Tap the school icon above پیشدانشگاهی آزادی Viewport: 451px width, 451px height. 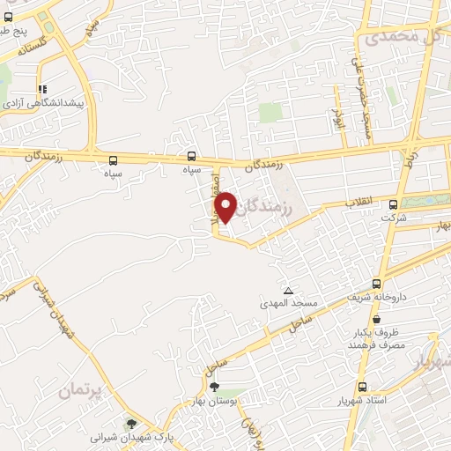(41, 89)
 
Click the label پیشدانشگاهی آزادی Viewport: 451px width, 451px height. (44, 104)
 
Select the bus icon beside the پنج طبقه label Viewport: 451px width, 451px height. (8, 16)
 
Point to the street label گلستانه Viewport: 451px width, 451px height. (32, 46)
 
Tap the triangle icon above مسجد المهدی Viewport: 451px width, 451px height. (287, 290)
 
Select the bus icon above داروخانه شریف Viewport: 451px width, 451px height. (377, 284)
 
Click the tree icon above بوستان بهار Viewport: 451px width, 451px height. (214, 387)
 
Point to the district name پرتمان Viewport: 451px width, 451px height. (82, 388)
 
